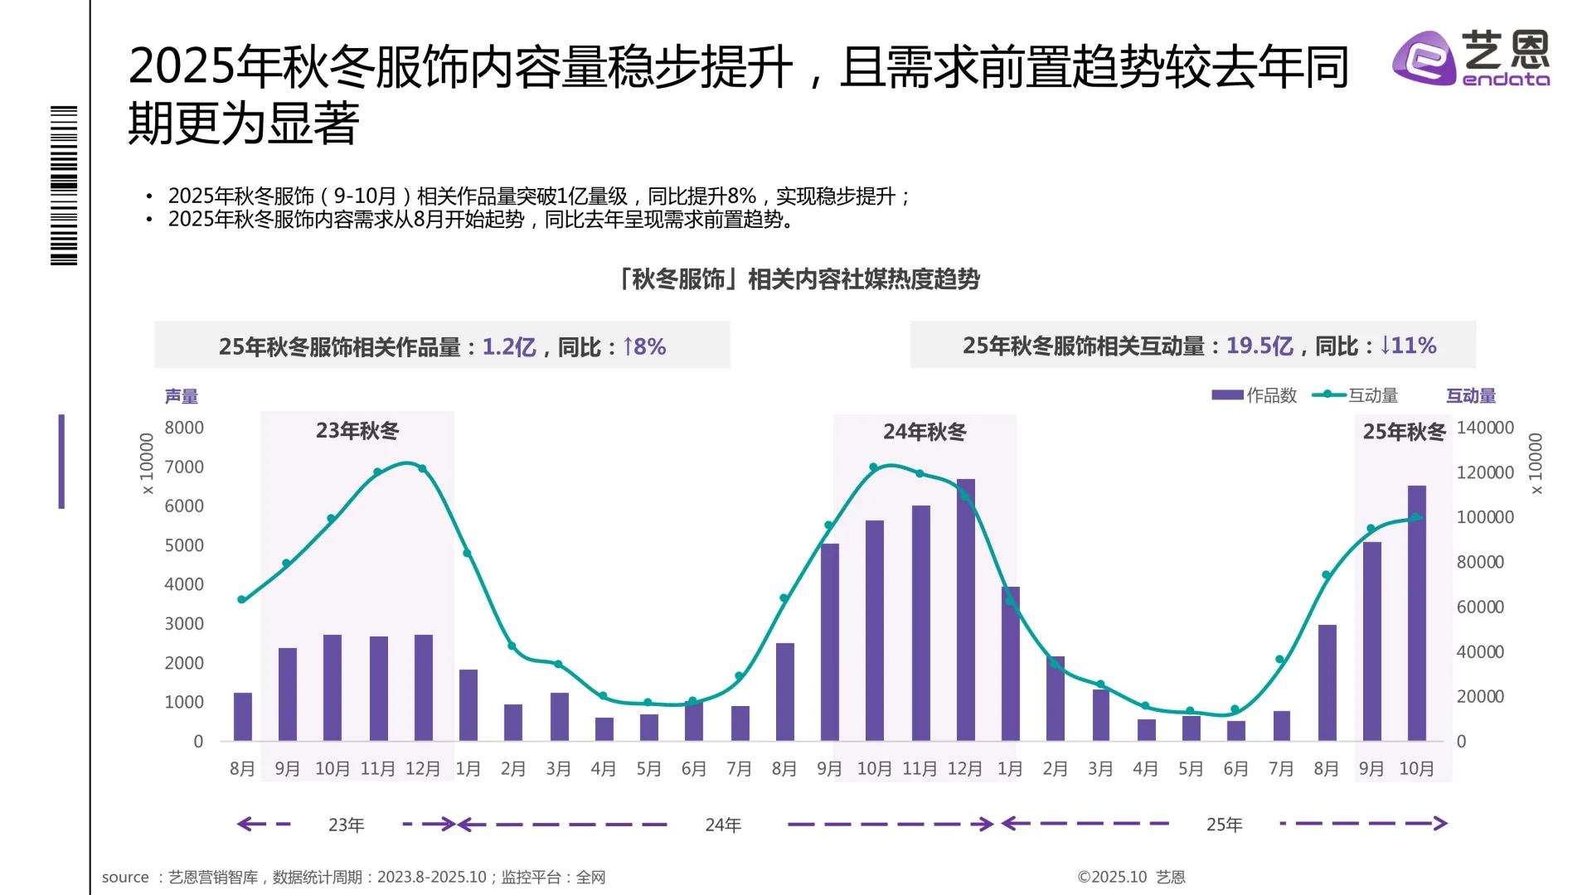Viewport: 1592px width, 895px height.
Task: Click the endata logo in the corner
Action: pos(1470,58)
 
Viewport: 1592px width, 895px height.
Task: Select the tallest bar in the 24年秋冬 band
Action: pos(965,609)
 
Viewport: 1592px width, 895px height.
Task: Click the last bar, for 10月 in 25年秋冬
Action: pos(1416,613)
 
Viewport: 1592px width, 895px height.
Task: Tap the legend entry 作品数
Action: pos(1255,395)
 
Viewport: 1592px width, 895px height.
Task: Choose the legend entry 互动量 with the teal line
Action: pos(1355,395)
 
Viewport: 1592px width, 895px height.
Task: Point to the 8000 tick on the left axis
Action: pos(184,428)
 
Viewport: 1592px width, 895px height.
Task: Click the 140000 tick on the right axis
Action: pos(1485,428)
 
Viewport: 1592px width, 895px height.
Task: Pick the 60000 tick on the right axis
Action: pos(1480,607)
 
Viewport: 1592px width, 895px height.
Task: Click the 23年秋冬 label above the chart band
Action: pos(357,431)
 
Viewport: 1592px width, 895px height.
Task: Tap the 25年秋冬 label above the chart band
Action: pos(1404,432)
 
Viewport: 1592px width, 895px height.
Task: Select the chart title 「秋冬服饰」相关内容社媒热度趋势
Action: pos(799,279)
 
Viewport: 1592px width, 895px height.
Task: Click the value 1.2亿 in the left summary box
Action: pos(509,346)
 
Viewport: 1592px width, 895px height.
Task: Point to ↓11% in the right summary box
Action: pos(1408,346)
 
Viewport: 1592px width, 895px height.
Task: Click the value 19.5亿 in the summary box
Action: pos(1260,346)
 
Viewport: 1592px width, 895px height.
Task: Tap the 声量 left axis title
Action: pos(182,396)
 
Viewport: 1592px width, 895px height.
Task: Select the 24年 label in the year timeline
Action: pos(723,825)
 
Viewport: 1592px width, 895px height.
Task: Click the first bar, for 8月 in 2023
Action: pos(242,716)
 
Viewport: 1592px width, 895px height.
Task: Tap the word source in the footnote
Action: pos(125,877)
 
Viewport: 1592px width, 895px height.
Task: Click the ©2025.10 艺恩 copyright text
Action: pos(1131,877)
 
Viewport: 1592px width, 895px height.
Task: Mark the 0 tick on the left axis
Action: pos(198,742)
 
